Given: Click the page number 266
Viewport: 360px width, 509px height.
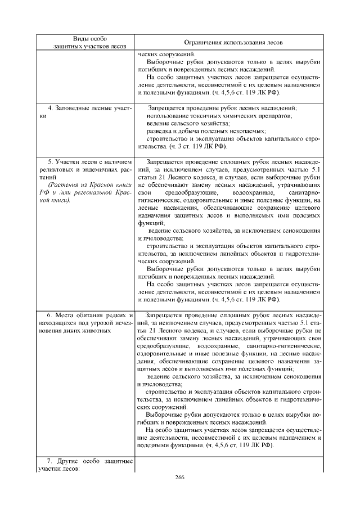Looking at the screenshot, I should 180,477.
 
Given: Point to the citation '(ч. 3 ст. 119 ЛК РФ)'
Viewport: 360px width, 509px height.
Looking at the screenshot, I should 198,146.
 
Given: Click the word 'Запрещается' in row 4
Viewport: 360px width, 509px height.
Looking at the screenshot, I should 167,107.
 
